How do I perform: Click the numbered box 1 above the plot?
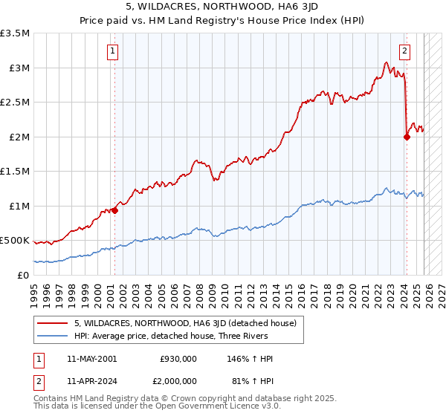[112, 51]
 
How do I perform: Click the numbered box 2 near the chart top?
[404, 51]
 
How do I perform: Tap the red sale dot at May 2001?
[114, 210]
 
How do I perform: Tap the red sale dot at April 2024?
[407, 137]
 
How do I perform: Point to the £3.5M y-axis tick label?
[15, 33]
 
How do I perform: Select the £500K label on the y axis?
[15, 241]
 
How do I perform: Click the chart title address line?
[222, 9]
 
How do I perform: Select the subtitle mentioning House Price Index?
[222, 22]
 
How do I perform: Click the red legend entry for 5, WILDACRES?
[185, 323]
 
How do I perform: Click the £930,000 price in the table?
[178, 359]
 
